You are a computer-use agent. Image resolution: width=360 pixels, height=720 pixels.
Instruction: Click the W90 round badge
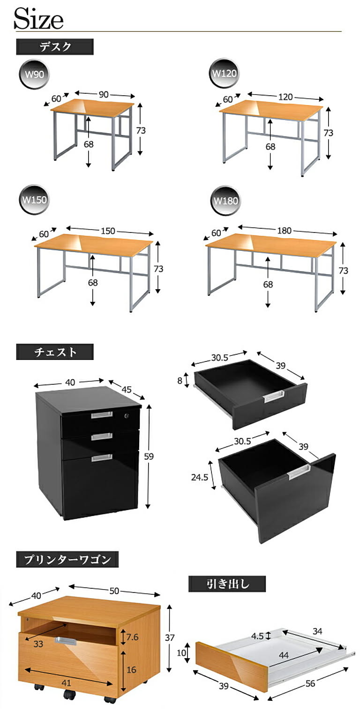click(34, 75)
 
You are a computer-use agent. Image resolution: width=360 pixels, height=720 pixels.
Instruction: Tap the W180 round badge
click(225, 201)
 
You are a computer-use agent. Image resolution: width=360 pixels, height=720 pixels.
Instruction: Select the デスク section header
click(55, 47)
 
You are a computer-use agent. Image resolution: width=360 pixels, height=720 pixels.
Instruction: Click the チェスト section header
click(55, 352)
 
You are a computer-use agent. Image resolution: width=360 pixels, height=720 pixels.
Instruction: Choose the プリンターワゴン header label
click(67, 560)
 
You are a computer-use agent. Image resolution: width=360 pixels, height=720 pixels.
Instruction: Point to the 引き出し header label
click(227, 584)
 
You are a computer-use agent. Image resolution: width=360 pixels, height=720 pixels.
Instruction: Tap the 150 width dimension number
click(108, 231)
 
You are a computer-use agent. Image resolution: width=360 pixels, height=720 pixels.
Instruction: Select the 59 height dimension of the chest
click(149, 457)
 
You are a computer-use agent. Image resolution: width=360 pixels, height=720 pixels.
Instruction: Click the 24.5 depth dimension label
click(200, 477)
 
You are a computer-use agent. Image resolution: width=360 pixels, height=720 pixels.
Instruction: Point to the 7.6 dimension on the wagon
click(132, 637)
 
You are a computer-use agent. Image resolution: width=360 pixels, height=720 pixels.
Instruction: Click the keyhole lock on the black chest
click(127, 416)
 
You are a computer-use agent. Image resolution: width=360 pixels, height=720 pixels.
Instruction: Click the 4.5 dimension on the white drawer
click(257, 636)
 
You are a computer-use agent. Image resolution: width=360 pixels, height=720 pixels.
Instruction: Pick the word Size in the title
click(38, 19)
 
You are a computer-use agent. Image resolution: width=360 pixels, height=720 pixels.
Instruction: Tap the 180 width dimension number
click(284, 231)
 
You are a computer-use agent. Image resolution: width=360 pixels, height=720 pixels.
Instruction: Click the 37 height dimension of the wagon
click(169, 637)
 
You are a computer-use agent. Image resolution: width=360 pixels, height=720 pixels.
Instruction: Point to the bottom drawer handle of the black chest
click(102, 457)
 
